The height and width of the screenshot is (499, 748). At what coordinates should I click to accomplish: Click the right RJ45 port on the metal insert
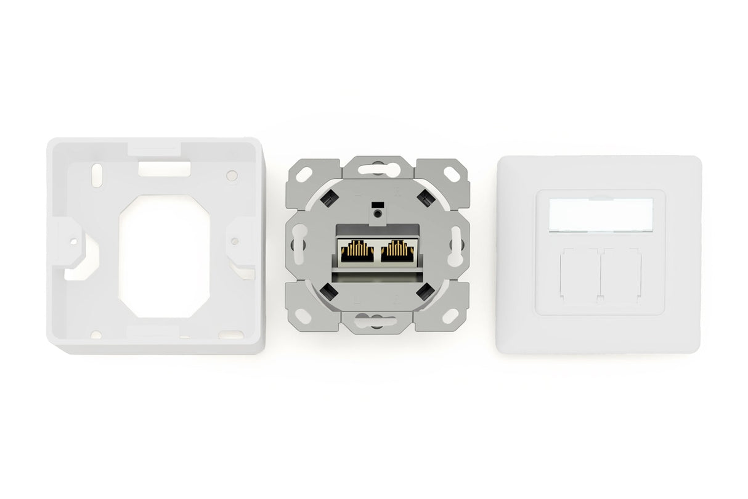(398, 250)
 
